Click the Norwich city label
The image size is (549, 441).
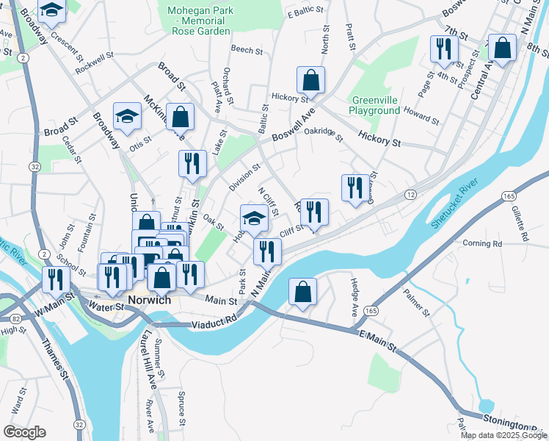[149, 301]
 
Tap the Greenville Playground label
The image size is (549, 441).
[376, 105]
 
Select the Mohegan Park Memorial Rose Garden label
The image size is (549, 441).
[201, 21]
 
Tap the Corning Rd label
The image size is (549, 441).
[482, 243]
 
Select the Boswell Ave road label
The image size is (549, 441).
[292, 126]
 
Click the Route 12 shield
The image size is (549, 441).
[410, 194]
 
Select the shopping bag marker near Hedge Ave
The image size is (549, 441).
[302, 292]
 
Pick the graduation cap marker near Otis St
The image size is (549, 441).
[127, 116]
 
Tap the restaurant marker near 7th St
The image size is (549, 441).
[444, 49]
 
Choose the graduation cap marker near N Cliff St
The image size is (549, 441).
[254, 218]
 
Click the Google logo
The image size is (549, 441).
[24, 432]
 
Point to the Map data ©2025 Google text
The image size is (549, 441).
[504, 435]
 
